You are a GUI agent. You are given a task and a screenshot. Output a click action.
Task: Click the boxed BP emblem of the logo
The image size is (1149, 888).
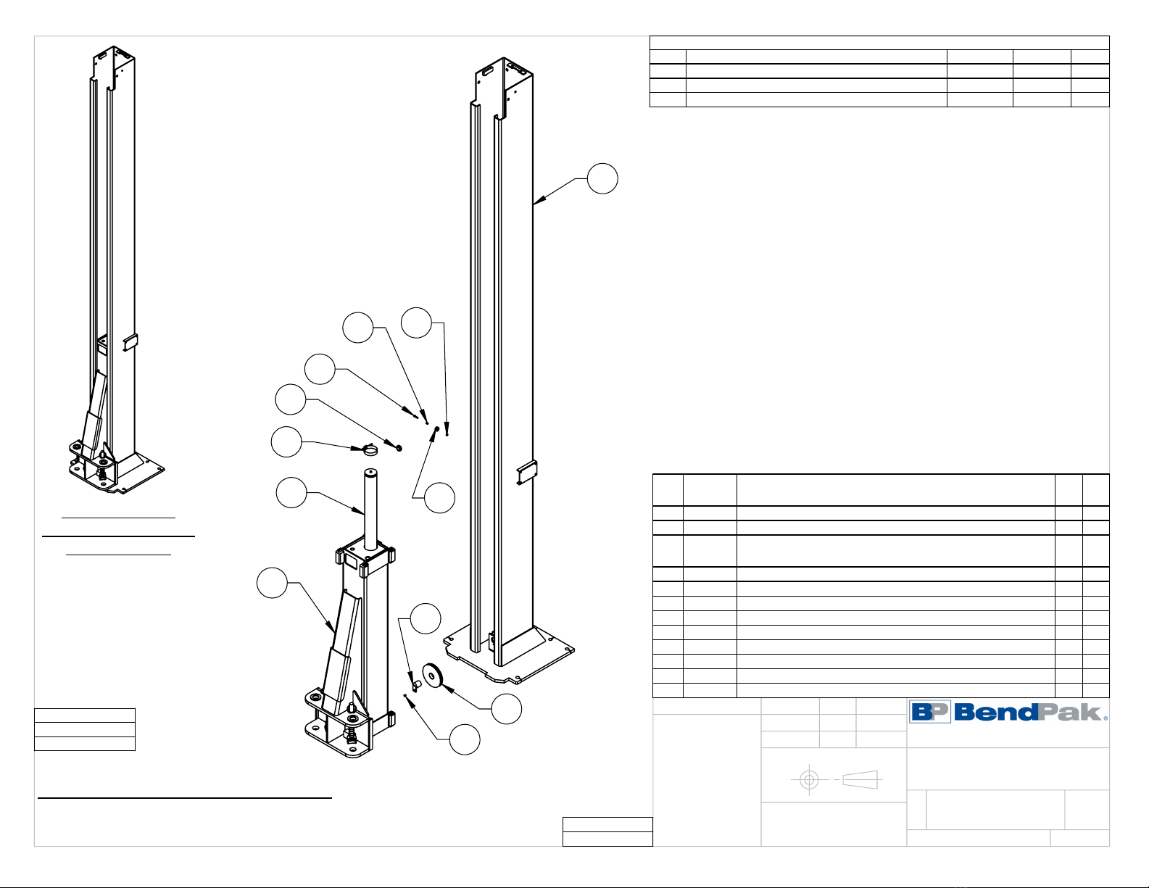pyautogui.click(x=930, y=711)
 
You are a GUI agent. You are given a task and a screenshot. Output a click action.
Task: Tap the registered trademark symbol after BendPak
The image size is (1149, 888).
pyautogui.click(x=1105, y=718)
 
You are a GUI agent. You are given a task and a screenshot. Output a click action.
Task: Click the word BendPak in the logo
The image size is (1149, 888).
pyautogui.click(x=1028, y=712)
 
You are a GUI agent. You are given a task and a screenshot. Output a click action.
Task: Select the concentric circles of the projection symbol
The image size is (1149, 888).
pyautogui.click(x=809, y=780)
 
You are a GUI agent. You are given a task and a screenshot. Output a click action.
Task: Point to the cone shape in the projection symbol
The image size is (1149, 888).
pyautogui.click(x=860, y=780)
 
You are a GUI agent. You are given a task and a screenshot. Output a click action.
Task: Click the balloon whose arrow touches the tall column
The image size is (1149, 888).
pyautogui.click(x=603, y=178)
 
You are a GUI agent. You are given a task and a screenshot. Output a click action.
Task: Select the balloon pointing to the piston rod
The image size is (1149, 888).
pyautogui.click(x=291, y=493)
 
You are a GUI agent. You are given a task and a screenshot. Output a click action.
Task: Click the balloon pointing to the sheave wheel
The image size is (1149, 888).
pyautogui.click(x=507, y=709)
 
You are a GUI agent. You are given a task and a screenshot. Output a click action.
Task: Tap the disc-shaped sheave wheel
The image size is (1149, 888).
pyautogui.click(x=433, y=676)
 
